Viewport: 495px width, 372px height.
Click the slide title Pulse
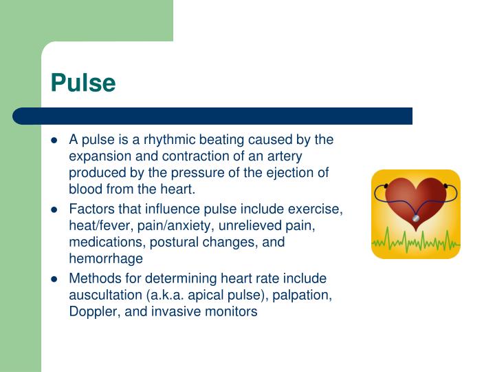(83, 83)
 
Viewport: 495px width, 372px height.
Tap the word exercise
(318, 209)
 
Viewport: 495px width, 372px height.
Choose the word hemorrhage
(106, 258)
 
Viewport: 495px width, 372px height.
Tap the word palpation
(302, 295)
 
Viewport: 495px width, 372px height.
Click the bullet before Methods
(55, 279)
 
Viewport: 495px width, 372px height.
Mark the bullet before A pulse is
(55, 141)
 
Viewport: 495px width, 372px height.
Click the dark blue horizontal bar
(213, 116)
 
